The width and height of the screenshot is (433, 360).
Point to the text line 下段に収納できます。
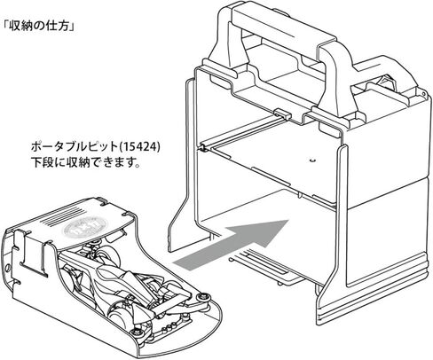pyautogui.click(x=85, y=162)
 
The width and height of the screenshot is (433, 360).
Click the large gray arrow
pyautogui.click(x=231, y=245)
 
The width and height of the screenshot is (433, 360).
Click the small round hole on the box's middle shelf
pyautogui.click(x=311, y=160)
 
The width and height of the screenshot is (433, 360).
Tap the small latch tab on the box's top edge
pyautogui.click(x=281, y=113)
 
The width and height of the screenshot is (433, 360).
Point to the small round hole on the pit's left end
pyautogui.click(x=8, y=269)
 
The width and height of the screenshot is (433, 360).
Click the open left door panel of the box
pyautogui.click(x=181, y=167)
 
